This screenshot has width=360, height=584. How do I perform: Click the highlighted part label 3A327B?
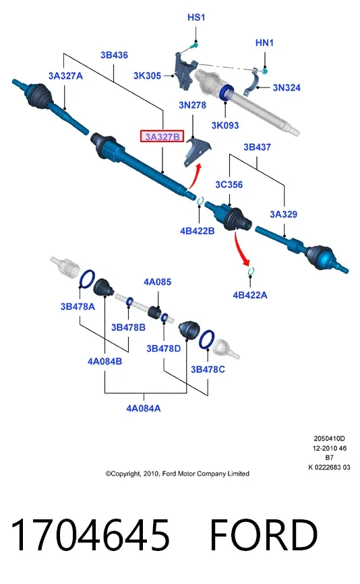pyautogui.click(x=162, y=137)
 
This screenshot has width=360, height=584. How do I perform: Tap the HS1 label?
pyautogui.click(x=196, y=17)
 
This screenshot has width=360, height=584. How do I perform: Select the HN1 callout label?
pyautogui.click(x=264, y=43)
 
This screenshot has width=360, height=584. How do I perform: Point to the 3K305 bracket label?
pyautogui.click(x=147, y=75)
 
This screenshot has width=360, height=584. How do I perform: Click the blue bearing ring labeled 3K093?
pyautogui.click(x=227, y=92)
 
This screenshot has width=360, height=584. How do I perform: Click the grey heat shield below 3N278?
pyautogui.click(x=197, y=152)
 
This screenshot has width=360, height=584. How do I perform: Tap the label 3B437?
pyautogui.click(x=257, y=147)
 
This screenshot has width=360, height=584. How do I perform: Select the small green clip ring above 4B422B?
pyautogui.click(x=200, y=201)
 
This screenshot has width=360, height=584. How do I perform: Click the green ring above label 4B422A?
pyautogui.click(x=251, y=271)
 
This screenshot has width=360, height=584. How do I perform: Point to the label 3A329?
pyautogui.click(x=283, y=214)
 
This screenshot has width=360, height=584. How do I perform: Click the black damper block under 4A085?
pyautogui.click(x=154, y=312)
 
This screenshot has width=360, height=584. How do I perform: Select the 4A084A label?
pyautogui.click(x=143, y=408)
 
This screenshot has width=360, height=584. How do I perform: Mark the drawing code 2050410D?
pyautogui.click(x=329, y=439)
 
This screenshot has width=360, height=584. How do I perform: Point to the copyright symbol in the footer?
pyautogui.click(x=108, y=474)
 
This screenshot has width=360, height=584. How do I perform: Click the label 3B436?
pyautogui.click(x=114, y=55)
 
